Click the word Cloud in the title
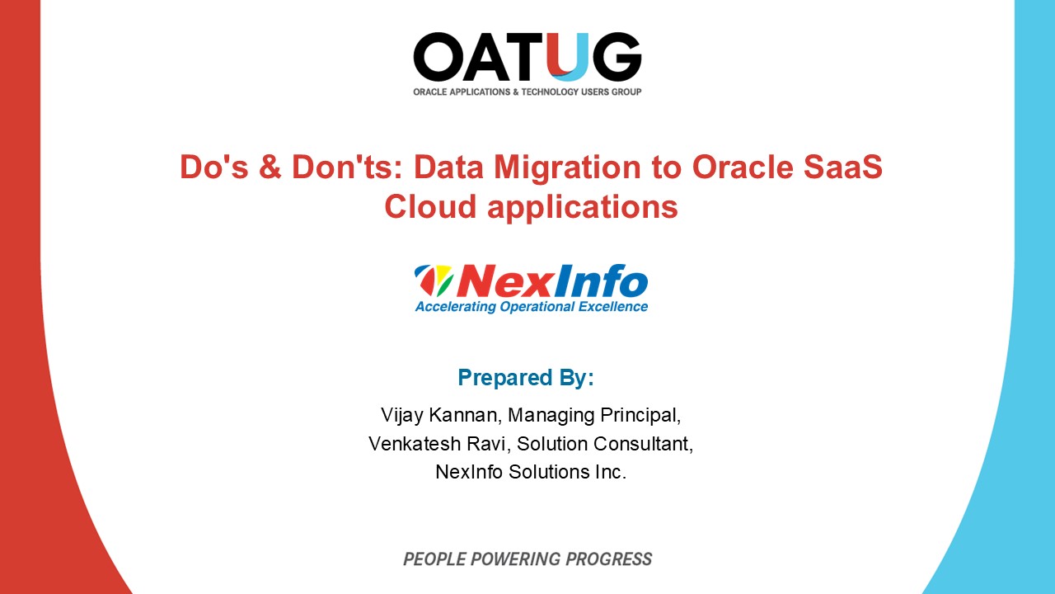click(x=431, y=206)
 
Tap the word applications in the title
click(x=583, y=206)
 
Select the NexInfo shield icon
click(x=434, y=280)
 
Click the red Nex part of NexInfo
click(x=493, y=280)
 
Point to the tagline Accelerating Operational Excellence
click(x=531, y=307)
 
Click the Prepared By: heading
click(x=526, y=378)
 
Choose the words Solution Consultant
click(x=605, y=444)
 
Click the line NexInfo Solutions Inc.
click(x=531, y=473)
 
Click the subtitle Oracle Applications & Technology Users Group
click(x=527, y=92)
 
